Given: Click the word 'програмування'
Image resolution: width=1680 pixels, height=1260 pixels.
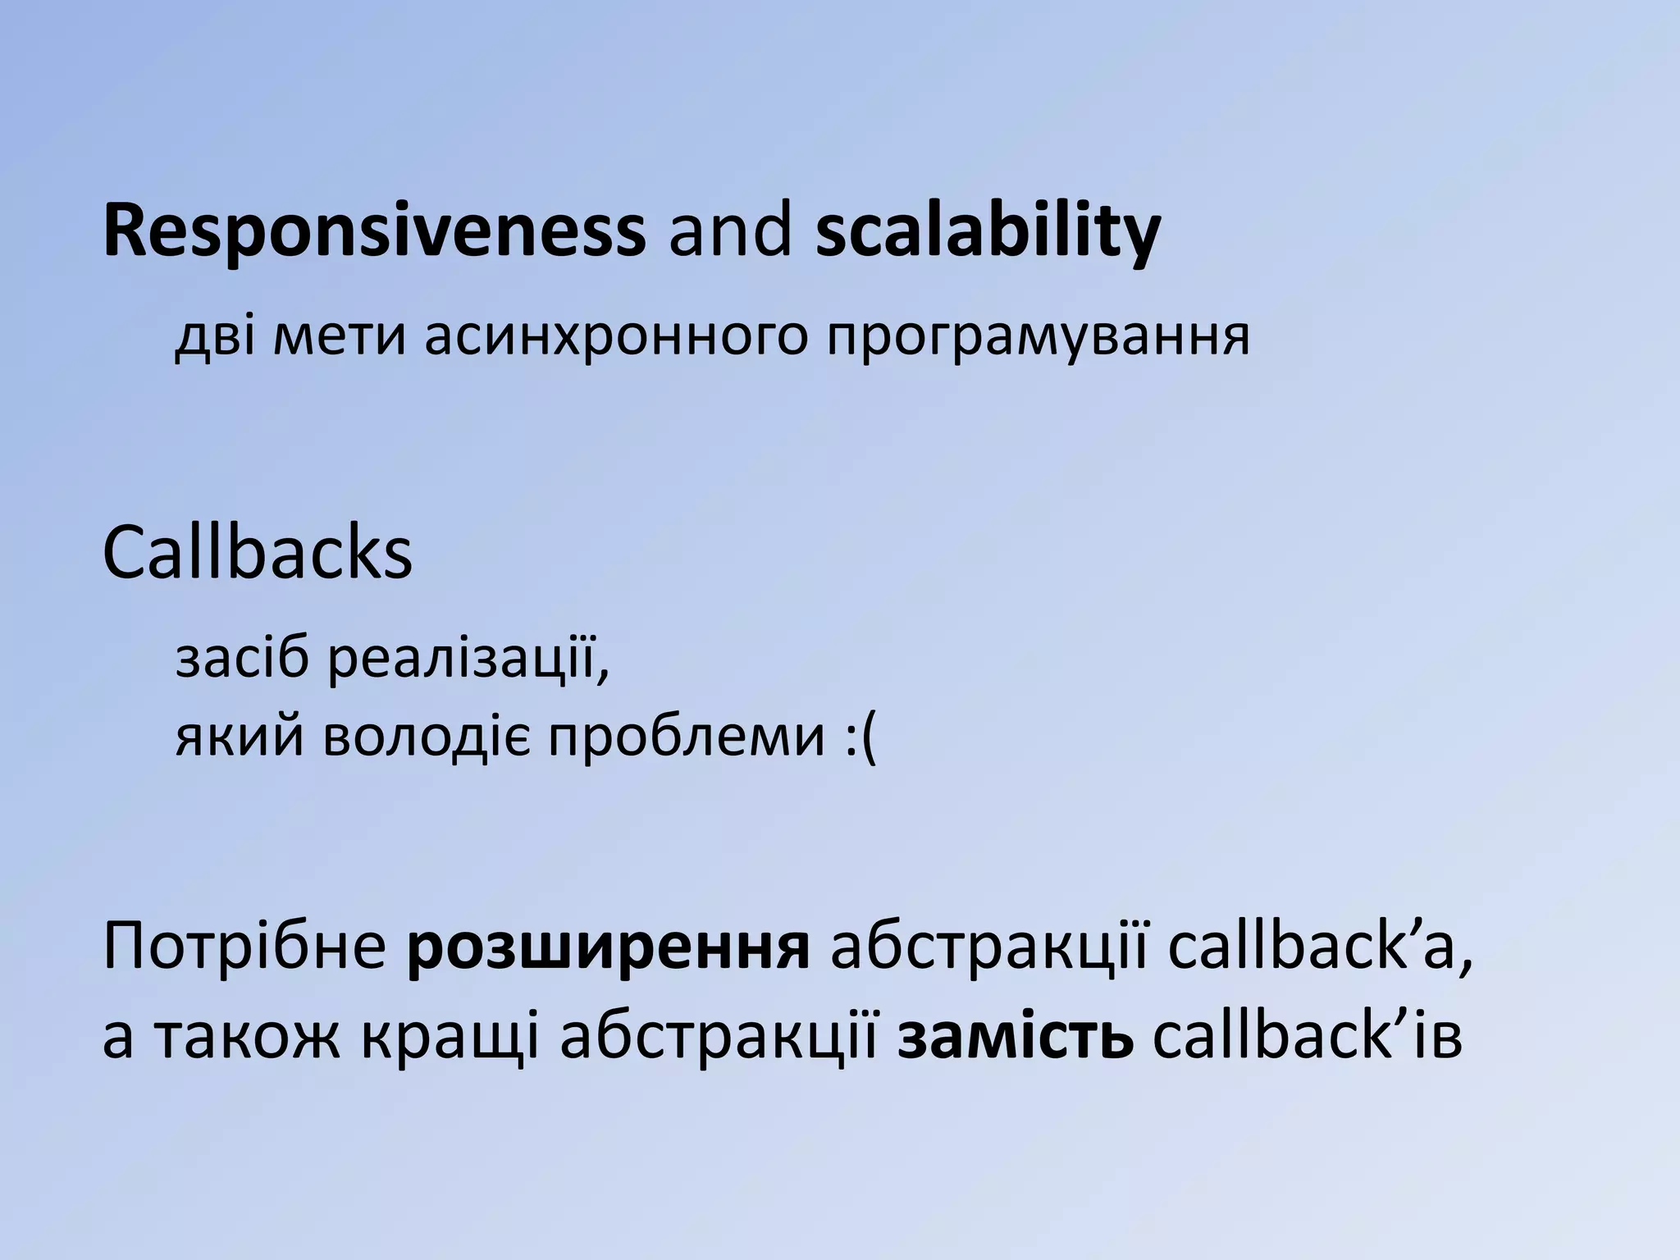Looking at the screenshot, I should coord(1037,336).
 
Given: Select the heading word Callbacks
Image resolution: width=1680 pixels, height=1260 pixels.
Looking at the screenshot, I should coord(258,555).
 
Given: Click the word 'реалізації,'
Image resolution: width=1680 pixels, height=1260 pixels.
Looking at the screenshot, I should coord(468,661).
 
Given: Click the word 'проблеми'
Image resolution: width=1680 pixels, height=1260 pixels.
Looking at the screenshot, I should coord(686,737).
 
